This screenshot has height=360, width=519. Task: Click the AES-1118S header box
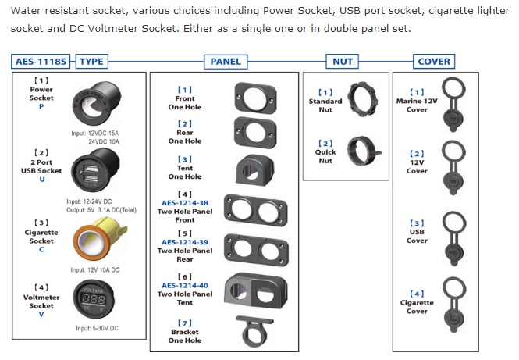[41, 62]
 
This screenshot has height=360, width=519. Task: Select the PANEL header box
[226, 62]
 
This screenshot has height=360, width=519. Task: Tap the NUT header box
[343, 62]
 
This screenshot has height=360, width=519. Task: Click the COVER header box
[434, 62]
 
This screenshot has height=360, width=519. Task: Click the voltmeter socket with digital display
[94, 299]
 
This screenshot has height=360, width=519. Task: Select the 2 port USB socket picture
[95, 170]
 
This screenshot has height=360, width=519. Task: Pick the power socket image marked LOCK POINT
[96, 103]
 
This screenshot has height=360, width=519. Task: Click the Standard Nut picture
[362, 99]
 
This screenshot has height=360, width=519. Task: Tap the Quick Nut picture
[364, 151]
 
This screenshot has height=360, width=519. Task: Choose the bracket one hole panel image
[254, 331]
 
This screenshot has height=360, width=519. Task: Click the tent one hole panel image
[254, 169]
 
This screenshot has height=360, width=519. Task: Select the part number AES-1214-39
[185, 242]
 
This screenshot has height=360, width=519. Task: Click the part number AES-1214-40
[185, 286]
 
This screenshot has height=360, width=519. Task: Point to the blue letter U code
[41, 179]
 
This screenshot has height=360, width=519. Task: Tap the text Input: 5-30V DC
[97, 328]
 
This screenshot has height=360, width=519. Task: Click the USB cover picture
[454, 239]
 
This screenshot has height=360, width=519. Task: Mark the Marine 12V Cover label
[417, 105]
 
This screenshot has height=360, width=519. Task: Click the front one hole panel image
[255, 98]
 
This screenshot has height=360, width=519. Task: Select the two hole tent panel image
[255, 290]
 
